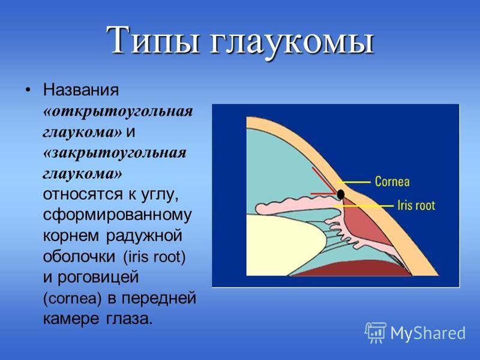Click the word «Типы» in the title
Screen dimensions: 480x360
pos(153,40)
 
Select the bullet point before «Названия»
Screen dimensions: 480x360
pos(28,90)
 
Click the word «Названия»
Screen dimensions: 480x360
pos(80,90)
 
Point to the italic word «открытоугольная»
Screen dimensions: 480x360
pos(118,112)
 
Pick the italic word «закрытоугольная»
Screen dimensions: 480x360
pos(115,153)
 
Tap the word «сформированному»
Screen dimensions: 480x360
pos(117,215)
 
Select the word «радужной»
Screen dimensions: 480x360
pos(144,236)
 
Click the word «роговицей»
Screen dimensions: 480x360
pos(98,277)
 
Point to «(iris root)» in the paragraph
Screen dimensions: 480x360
pos(154,257)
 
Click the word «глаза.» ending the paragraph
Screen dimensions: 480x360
pos(129,319)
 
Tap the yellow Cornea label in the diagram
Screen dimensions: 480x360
pos(392,181)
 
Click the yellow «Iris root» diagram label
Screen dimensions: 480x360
pos(416,205)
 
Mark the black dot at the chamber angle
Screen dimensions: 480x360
pos(341,194)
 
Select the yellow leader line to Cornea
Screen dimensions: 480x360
pos(356,182)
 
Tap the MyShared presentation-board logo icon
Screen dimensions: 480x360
pos(376,332)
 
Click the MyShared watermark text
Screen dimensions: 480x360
pos(428,333)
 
